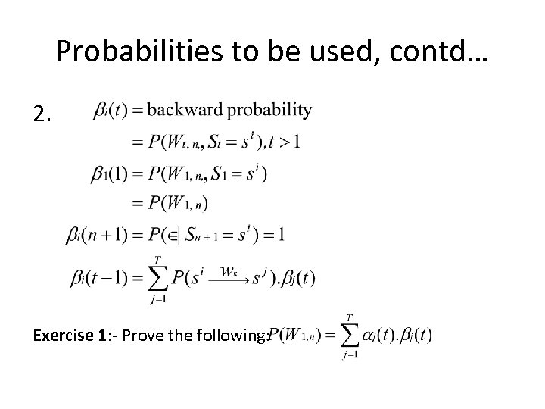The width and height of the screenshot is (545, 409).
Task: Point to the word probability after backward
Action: coord(270,111)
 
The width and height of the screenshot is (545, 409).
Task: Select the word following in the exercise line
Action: coord(232,335)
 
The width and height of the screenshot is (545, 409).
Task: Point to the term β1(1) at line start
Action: coord(113,173)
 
